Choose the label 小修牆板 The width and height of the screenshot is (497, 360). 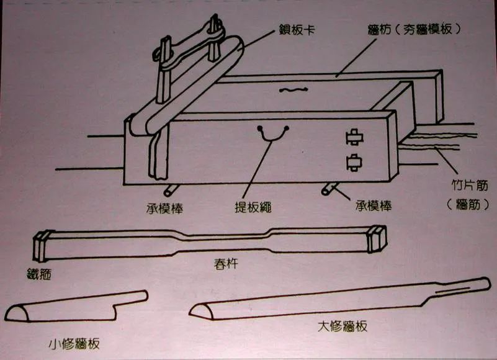(74, 344)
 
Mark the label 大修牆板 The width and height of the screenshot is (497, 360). (339, 326)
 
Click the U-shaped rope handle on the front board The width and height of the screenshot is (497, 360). (274, 133)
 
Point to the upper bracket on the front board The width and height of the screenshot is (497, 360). (354, 138)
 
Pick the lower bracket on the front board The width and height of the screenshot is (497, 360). (354, 163)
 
